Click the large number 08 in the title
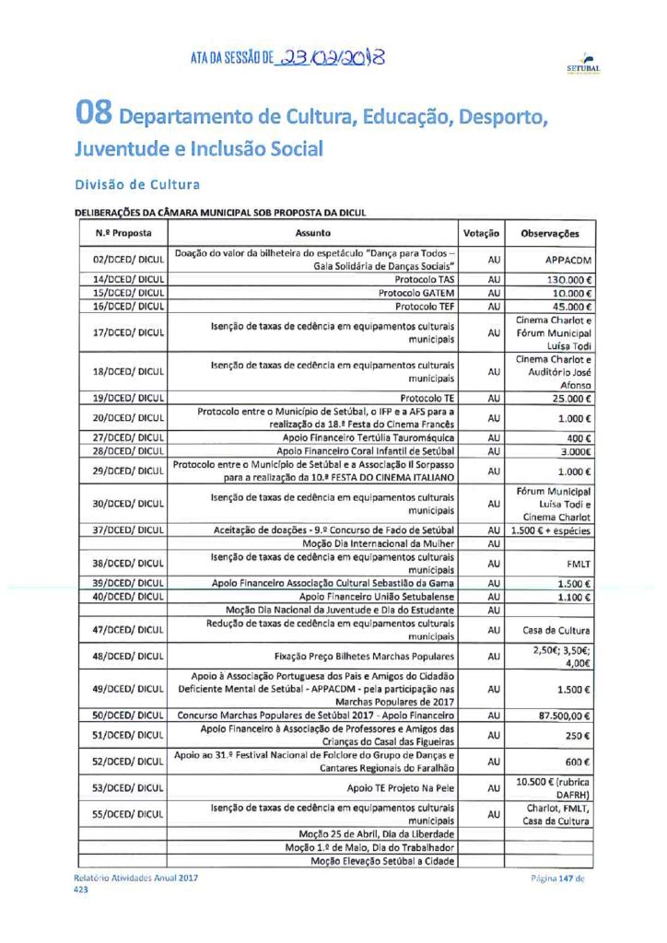point(95,116)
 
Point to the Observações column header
point(550,233)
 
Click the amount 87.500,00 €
point(563,715)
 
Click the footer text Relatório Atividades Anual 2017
point(135,878)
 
